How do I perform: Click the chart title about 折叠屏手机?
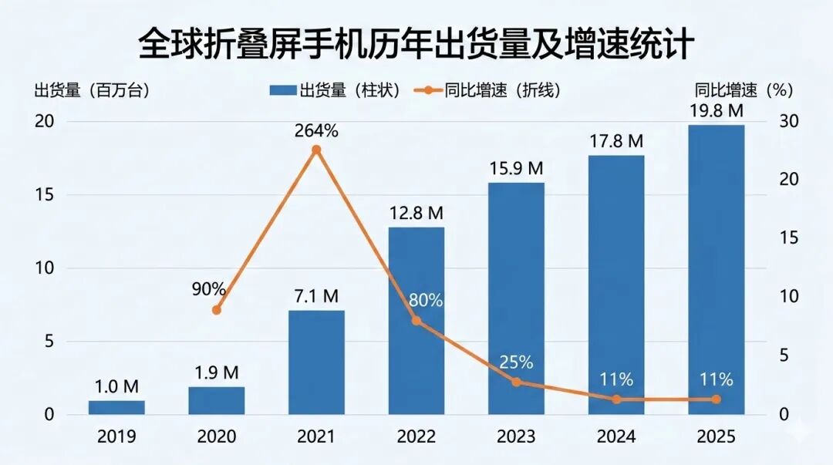tap(416, 44)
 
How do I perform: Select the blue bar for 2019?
tap(116, 407)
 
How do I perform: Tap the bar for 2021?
tap(316, 362)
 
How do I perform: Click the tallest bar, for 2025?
tap(716, 270)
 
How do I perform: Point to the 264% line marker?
tap(315, 150)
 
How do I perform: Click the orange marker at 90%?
tap(217, 310)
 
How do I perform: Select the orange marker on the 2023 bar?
tap(516, 382)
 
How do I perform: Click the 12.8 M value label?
tap(416, 212)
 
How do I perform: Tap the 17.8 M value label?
tap(615, 141)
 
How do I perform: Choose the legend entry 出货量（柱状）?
tap(335, 90)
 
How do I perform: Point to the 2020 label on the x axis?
tap(217, 437)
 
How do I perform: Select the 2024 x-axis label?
tap(615, 437)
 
